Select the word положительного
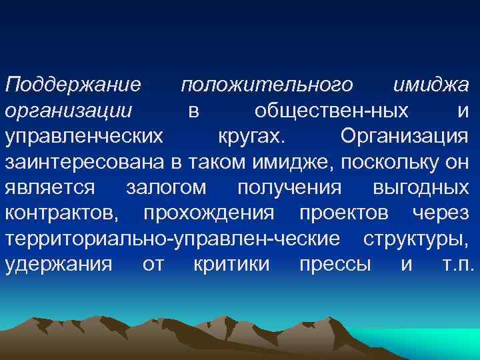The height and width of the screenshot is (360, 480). coord(267,85)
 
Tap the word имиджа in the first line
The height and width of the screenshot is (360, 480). coord(431,85)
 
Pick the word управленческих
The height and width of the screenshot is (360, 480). coord(83,136)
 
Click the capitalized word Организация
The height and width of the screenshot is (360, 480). coord(404,136)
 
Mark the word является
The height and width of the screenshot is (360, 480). coord(50,187)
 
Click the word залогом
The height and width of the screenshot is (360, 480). coord(166,187)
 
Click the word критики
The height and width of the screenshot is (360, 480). coord(231,264)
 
